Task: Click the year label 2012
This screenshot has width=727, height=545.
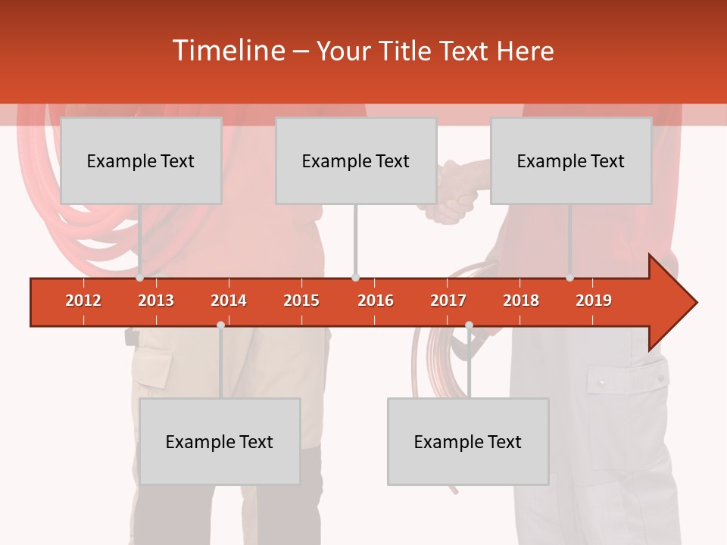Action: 83,301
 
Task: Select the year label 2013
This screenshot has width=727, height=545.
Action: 156,301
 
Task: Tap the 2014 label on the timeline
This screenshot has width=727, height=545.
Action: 229,301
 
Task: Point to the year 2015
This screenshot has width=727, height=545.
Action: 301,301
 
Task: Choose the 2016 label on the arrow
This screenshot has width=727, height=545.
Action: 376,301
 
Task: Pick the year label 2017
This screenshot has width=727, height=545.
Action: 448,301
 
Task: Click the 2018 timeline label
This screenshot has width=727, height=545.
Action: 521,301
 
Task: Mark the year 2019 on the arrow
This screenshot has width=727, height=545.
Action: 594,301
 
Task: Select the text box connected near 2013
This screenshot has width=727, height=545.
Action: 141,161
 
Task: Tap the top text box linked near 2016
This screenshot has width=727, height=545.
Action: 356,161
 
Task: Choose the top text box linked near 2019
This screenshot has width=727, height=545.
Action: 571,161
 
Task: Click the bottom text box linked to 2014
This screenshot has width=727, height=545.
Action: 220,442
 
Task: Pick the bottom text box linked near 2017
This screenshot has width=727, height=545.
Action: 468,442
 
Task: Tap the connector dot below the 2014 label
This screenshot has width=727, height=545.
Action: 220,325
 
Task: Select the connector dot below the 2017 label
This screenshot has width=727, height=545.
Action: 469,325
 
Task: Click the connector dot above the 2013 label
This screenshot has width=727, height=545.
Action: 139,278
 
